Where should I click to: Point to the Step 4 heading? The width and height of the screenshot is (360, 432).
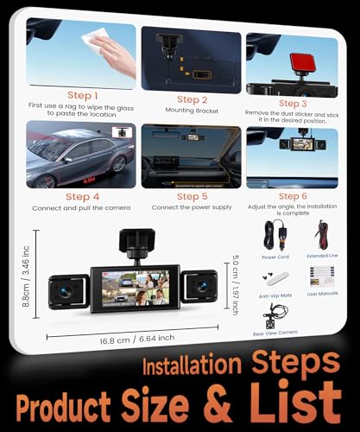81,196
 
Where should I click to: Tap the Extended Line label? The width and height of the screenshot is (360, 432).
321,257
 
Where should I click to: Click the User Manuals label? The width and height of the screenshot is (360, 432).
322,294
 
